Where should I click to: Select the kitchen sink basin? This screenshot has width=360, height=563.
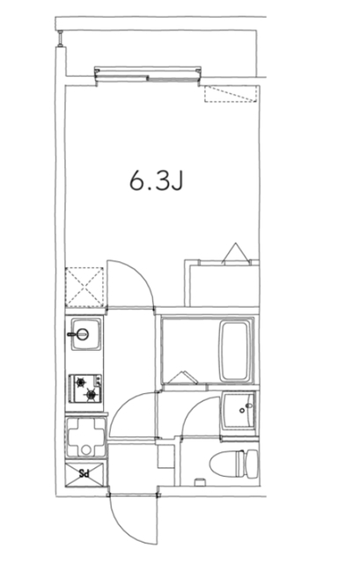tap(84, 334)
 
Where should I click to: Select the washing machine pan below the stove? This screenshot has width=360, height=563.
tap(85, 436)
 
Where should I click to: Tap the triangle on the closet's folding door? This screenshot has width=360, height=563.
tap(234, 252)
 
